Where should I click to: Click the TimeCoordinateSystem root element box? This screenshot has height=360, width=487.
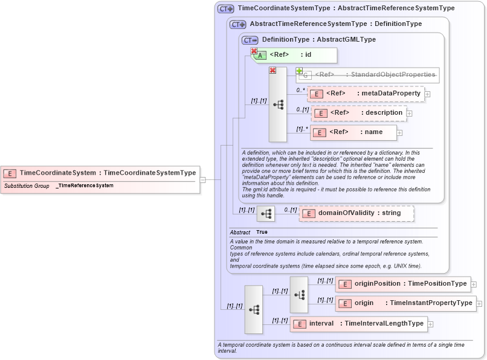pyautogui.click(x=100, y=173)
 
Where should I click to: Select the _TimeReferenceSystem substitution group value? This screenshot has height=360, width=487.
pyautogui.click(x=85, y=185)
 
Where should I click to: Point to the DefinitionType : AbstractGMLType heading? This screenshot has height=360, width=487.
pyautogui.click(x=318, y=39)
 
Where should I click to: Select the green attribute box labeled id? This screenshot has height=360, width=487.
pyautogui.click(x=295, y=55)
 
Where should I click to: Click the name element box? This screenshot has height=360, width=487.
pyautogui.click(x=354, y=132)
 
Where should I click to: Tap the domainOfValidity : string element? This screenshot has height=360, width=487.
pyautogui.click(x=356, y=213)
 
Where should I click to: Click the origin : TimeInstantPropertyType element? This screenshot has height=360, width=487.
pyautogui.click(x=405, y=303)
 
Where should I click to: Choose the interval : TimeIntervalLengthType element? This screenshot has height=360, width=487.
pyautogui.click(x=359, y=324)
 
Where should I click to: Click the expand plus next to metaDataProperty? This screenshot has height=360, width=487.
pyautogui.click(x=428, y=94)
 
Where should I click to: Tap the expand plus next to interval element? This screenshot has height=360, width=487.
pyautogui.click(x=430, y=324)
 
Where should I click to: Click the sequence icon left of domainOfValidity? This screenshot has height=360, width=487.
pyautogui.click(x=266, y=214)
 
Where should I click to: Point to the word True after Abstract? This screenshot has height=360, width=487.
pyautogui.click(x=262, y=232)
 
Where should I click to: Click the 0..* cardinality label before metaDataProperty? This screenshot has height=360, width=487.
pyautogui.click(x=300, y=90)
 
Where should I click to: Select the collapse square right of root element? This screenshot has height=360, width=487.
pyautogui.click(x=203, y=179)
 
